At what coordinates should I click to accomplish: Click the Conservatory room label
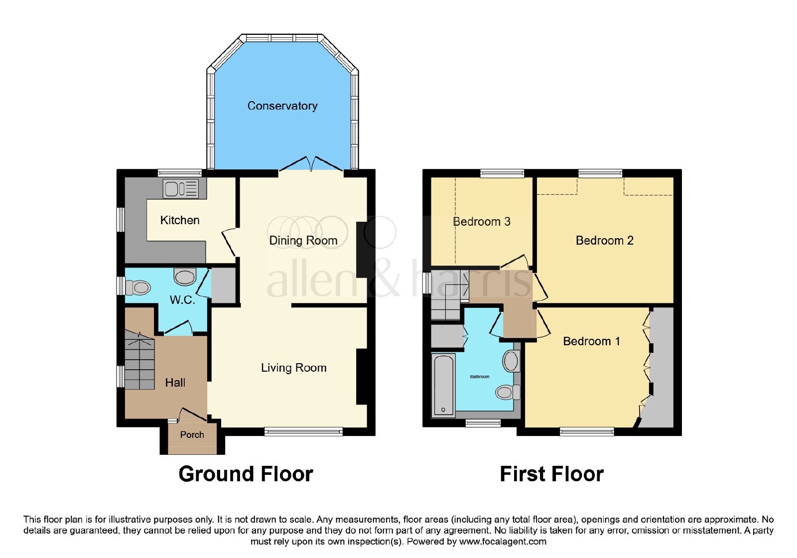(282, 106)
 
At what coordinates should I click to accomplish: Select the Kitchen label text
(180, 220)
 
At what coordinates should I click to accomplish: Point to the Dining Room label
(303, 241)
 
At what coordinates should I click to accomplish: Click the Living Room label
(293, 368)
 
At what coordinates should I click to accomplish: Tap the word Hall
(175, 383)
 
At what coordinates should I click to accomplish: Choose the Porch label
(192, 434)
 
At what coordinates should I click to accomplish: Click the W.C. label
(182, 300)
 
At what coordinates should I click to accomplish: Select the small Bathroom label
(480, 377)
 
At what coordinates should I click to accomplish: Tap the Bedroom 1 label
(591, 341)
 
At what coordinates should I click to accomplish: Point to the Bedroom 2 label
(605, 241)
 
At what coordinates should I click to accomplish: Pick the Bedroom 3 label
(481, 222)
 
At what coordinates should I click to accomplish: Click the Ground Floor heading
(246, 474)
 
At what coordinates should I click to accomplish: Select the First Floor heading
(552, 474)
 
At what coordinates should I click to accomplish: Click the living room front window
(303, 431)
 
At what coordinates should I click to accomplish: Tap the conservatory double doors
(311, 164)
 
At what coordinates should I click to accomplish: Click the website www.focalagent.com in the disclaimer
(503, 542)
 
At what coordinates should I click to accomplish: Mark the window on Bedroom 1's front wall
(587, 431)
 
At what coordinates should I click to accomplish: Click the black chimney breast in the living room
(362, 377)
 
